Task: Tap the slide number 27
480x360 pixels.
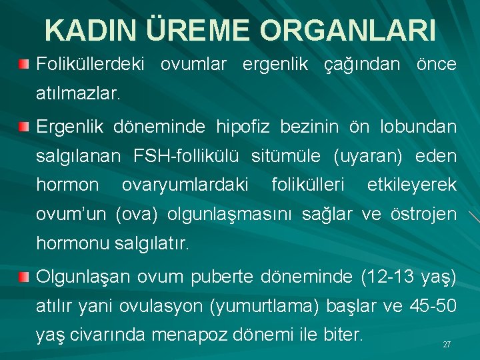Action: [447, 345]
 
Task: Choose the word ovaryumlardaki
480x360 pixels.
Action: [185, 185]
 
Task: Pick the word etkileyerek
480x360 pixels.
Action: [412, 185]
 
